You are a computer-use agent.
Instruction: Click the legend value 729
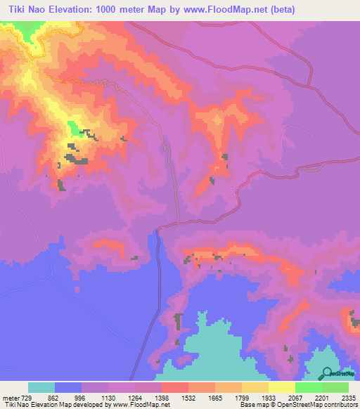click(x=27, y=396)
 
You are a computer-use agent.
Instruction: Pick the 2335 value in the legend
click(x=349, y=396)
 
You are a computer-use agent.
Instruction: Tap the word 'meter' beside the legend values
click(x=11, y=396)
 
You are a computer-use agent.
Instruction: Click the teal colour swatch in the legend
click(x=41, y=387)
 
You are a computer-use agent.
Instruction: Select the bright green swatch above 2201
click(x=308, y=387)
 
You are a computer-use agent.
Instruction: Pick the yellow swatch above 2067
click(x=281, y=387)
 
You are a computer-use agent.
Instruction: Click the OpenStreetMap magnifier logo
click(x=328, y=373)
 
